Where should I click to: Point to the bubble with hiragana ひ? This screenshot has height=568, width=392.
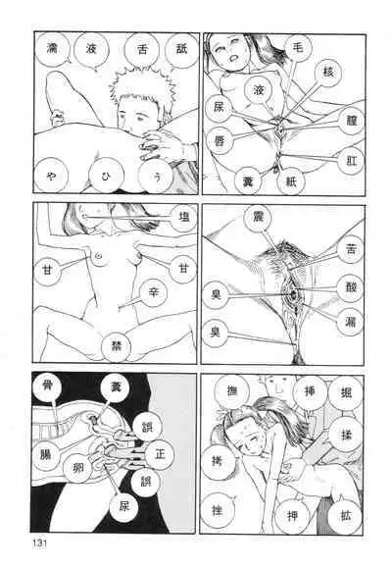(106, 177)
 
